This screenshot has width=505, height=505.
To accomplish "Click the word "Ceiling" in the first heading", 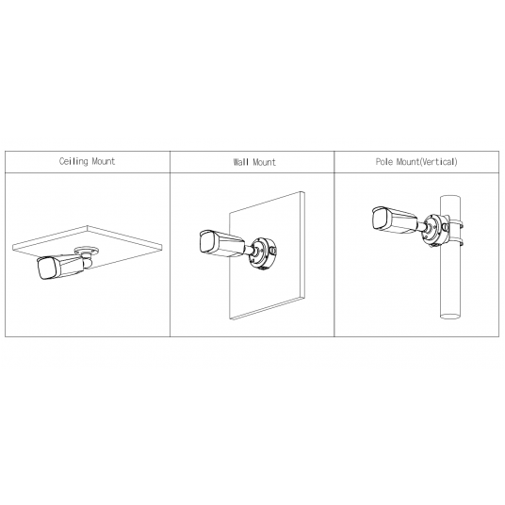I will [73, 161].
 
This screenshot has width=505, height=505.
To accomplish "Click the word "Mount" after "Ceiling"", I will [103, 161].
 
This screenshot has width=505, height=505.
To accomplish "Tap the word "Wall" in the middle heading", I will [241, 162].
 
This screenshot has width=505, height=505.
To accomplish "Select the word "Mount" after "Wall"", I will [265, 162].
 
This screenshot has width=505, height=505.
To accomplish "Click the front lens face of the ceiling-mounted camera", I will [43, 269].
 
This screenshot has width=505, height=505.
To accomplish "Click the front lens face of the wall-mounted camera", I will [205, 241].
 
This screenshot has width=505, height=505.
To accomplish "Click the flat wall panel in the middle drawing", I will [283, 283].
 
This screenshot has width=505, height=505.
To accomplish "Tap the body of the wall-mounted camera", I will [226, 245].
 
